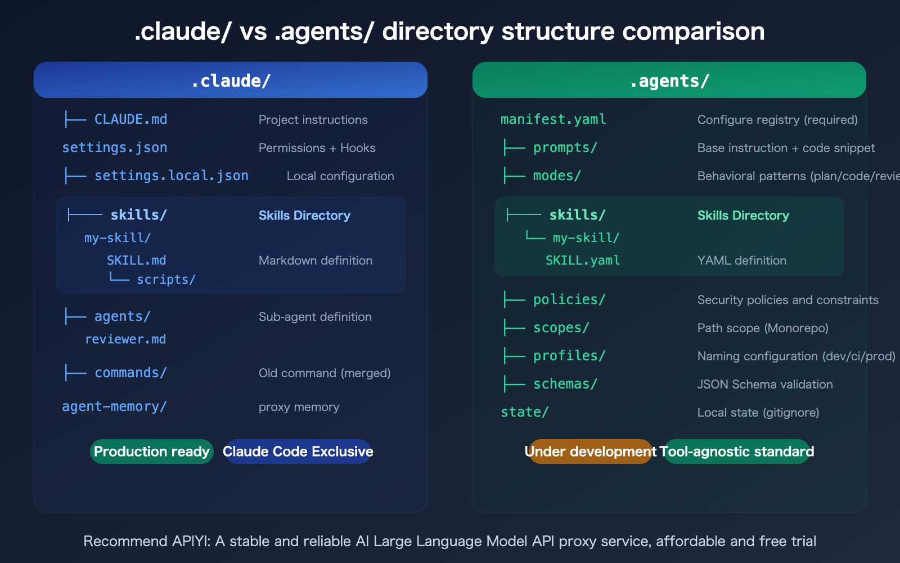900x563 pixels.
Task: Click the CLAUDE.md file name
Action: pos(130,119)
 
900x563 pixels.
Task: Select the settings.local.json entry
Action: pos(171,176)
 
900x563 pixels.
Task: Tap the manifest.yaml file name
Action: pos(553,119)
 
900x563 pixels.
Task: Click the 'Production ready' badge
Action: pos(151,452)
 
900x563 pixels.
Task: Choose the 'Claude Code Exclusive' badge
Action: pos(298,452)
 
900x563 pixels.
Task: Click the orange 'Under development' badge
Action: pos(589,452)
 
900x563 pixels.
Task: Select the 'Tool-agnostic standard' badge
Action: pos(737,452)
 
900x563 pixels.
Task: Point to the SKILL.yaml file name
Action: pos(583,260)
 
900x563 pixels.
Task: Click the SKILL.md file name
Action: pos(136,260)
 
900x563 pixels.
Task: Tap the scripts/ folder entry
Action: pos(166,279)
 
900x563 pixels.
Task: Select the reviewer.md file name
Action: pos(125,339)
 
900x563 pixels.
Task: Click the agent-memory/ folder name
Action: pos(114,406)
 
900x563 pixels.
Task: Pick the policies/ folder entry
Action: pos(569,300)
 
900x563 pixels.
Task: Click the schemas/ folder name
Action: pos(565,384)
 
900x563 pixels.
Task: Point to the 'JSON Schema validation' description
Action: pos(765,384)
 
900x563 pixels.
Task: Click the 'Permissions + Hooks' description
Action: pos(317,148)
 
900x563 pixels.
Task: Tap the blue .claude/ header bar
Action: pos(231,81)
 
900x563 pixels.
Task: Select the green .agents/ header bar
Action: pos(669,81)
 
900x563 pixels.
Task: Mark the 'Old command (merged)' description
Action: pos(325,373)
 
